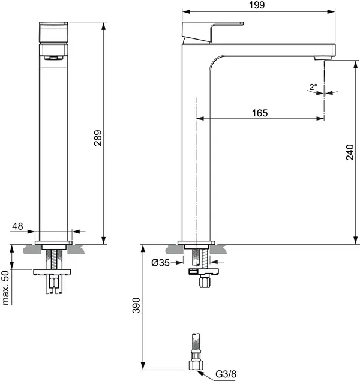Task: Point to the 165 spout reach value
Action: (x=260, y=112)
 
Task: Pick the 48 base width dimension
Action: (x=17, y=226)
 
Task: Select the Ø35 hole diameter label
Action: (x=161, y=262)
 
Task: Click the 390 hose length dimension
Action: (x=136, y=307)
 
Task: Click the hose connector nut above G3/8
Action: (x=196, y=364)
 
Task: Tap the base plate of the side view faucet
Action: (x=196, y=242)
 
